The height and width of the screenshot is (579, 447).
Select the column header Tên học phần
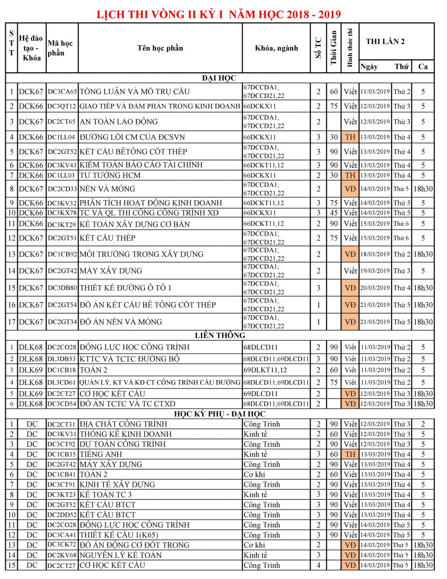tap(160, 48)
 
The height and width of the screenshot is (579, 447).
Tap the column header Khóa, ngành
tap(276, 48)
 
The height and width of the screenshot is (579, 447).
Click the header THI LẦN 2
tap(385, 41)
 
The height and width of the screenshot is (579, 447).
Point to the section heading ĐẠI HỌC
tap(219, 77)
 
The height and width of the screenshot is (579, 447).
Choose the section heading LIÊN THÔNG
tap(220, 335)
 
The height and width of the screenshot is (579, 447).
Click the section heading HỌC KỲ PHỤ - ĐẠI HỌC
tap(220, 414)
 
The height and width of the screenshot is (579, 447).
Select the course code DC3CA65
tap(62, 91)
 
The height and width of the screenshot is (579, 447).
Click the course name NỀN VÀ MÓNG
tap(108, 189)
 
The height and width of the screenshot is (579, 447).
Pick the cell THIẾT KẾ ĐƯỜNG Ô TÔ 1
tap(126, 288)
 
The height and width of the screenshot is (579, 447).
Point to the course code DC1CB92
tap(62, 254)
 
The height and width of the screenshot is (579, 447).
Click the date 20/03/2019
tap(375, 288)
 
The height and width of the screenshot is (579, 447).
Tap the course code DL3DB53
tap(62, 358)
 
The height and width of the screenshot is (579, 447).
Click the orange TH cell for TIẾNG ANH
tap(350, 454)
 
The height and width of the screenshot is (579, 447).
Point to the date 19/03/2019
tap(375, 271)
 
